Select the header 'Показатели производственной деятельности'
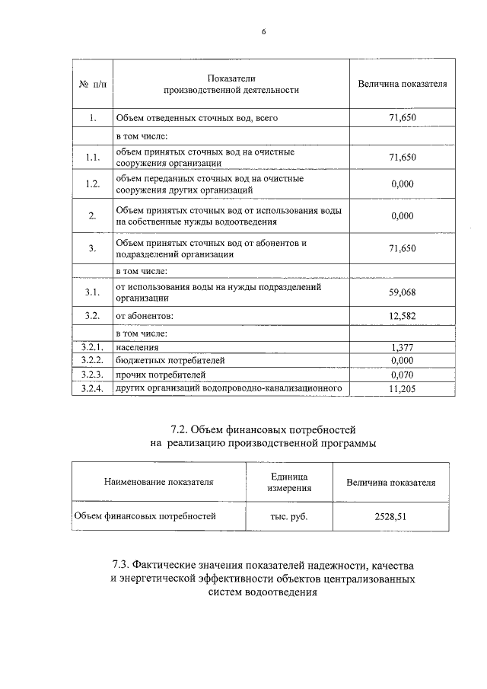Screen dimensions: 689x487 click(x=231, y=84)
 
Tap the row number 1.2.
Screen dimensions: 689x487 click(x=92, y=183)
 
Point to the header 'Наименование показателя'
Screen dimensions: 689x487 click(x=159, y=482)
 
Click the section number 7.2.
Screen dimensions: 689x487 click(x=183, y=431)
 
